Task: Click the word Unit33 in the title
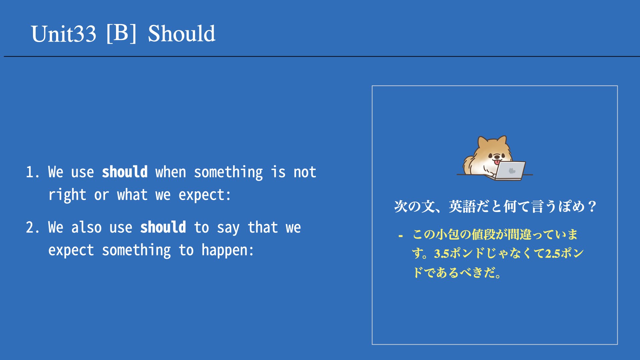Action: (x=64, y=34)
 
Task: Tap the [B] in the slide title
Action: (x=121, y=33)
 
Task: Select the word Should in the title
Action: (x=182, y=34)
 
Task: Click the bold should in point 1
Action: (x=125, y=172)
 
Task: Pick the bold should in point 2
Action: (x=163, y=227)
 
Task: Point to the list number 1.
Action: (x=32, y=172)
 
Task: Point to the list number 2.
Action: (x=32, y=228)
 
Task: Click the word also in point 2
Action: (x=87, y=227)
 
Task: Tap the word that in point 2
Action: (x=263, y=227)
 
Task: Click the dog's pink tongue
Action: (x=497, y=162)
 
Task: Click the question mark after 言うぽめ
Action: (x=592, y=207)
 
